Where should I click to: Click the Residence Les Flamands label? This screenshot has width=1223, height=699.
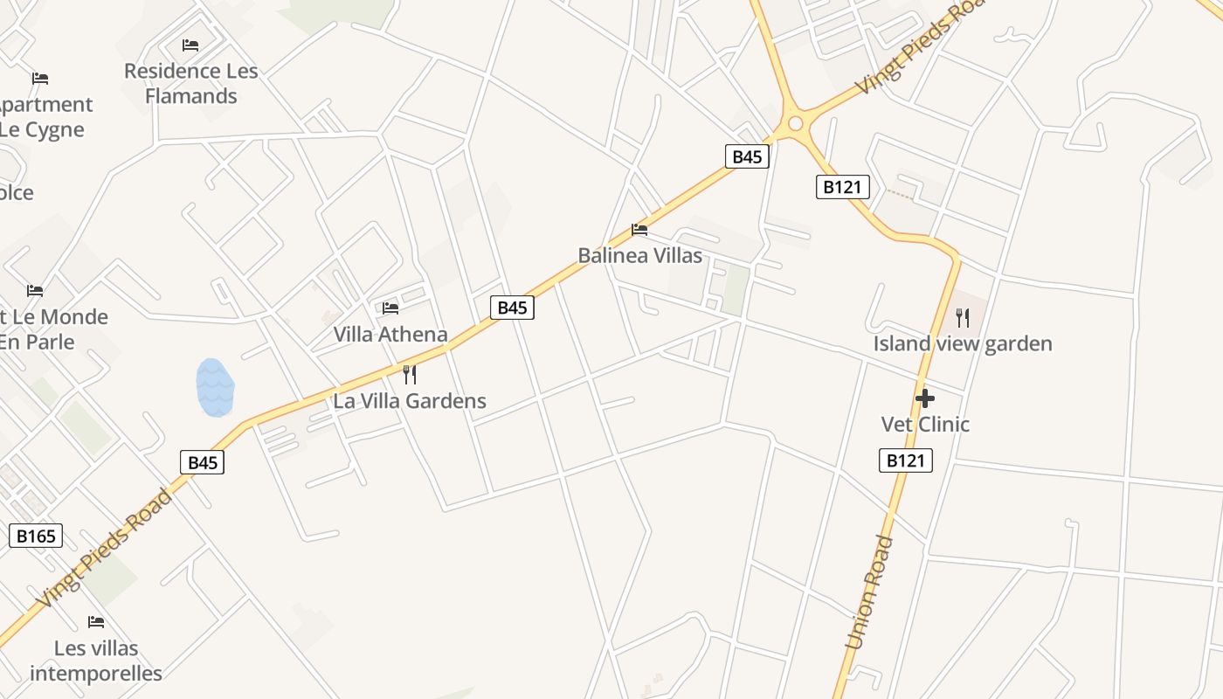click(191, 83)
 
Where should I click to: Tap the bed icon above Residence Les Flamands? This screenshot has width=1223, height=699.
click(190, 45)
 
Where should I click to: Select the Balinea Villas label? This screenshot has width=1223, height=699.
click(640, 256)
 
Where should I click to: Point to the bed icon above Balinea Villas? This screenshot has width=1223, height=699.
click(639, 230)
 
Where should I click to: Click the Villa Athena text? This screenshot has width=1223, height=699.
click(390, 334)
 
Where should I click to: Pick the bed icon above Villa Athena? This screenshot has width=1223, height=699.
click(390, 308)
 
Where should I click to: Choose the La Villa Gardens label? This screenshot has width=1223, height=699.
click(410, 401)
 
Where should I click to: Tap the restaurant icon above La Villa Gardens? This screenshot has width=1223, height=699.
click(409, 375)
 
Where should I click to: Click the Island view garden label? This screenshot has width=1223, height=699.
click(963, 343)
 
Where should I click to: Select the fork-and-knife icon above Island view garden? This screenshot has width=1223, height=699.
click(963, 317)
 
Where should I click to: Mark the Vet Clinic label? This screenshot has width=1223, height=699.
click(925, 425)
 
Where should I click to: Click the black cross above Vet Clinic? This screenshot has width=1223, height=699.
click(925, 399)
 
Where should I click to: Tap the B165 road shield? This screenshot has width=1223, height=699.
click(36, 536)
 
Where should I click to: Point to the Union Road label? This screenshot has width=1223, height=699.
click(870, 592)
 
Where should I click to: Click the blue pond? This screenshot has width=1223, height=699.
click(215, 387)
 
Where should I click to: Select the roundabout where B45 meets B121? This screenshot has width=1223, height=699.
click(795, 123)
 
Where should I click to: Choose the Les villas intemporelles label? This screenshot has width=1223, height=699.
click(96, 661)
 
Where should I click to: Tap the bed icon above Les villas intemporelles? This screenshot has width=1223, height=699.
click(96, 622)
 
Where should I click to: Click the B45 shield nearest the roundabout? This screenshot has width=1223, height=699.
click(747, 156)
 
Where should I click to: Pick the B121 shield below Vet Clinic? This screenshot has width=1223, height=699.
click(905, 460)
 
